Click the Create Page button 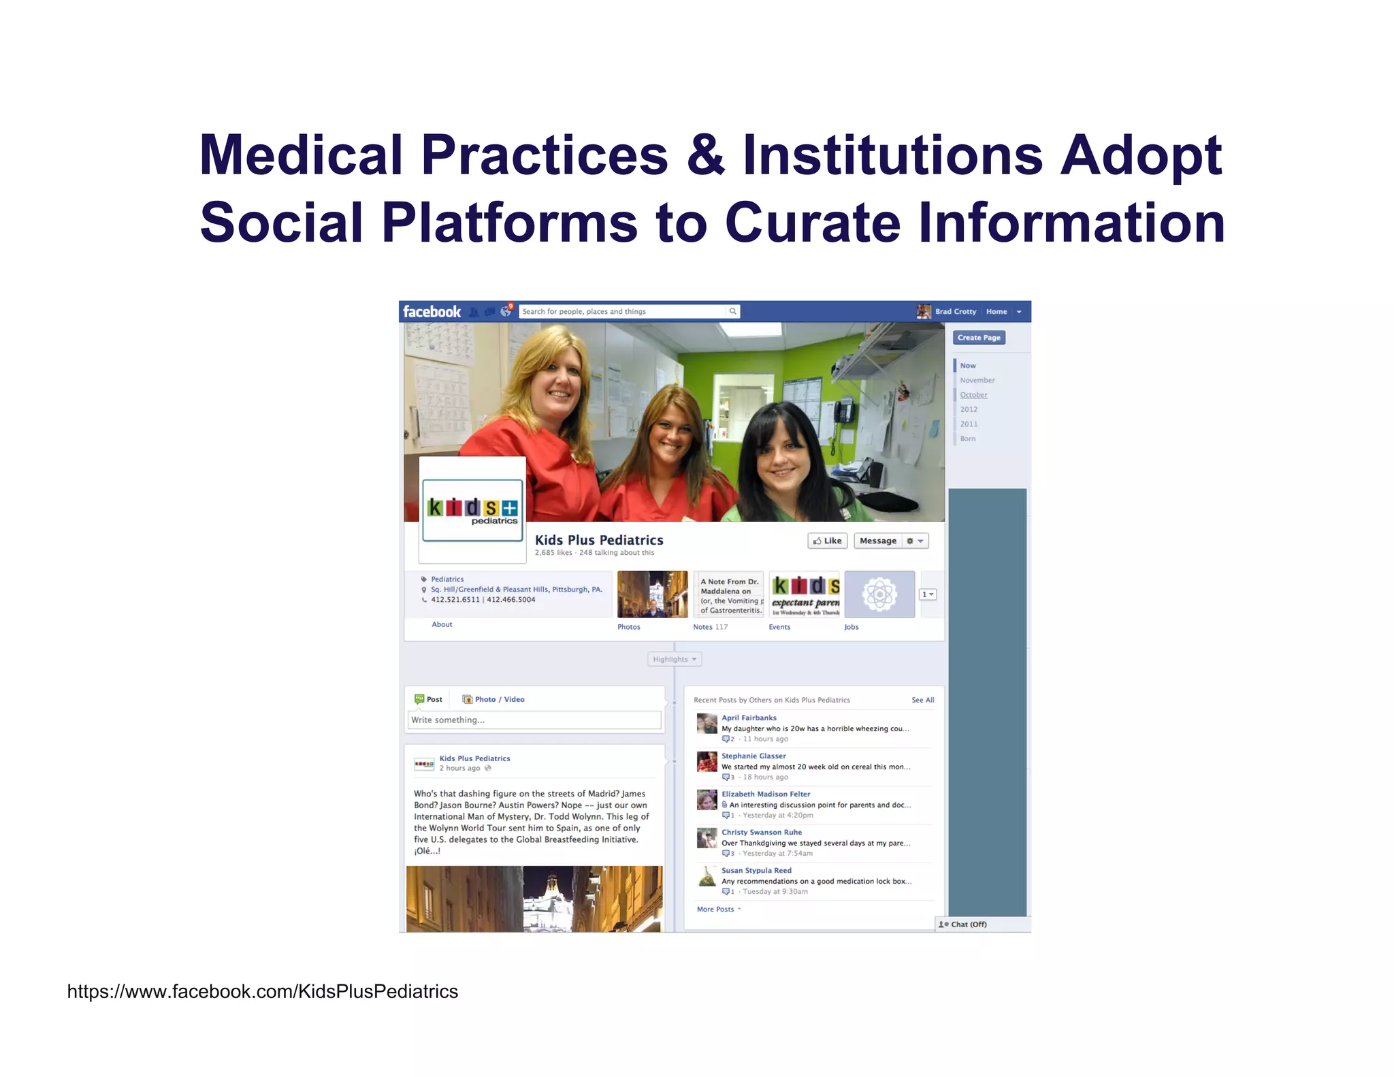(979, 338)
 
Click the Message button (877, 541)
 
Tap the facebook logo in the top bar (432, 312)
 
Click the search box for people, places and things (623, 312)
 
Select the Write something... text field (534, 720)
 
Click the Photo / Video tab (493, 699)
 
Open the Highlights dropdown (674, 659)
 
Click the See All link (922, 700)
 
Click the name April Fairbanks (749, 718)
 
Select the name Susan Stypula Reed (756, 870)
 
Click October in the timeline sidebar (973, 395)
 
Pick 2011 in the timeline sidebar (969, 424)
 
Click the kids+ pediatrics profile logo (472, 510)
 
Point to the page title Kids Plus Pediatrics (599, 540)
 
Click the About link (442, 624)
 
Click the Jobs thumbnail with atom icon (879, 594)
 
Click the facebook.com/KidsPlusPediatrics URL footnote (263, 991)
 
